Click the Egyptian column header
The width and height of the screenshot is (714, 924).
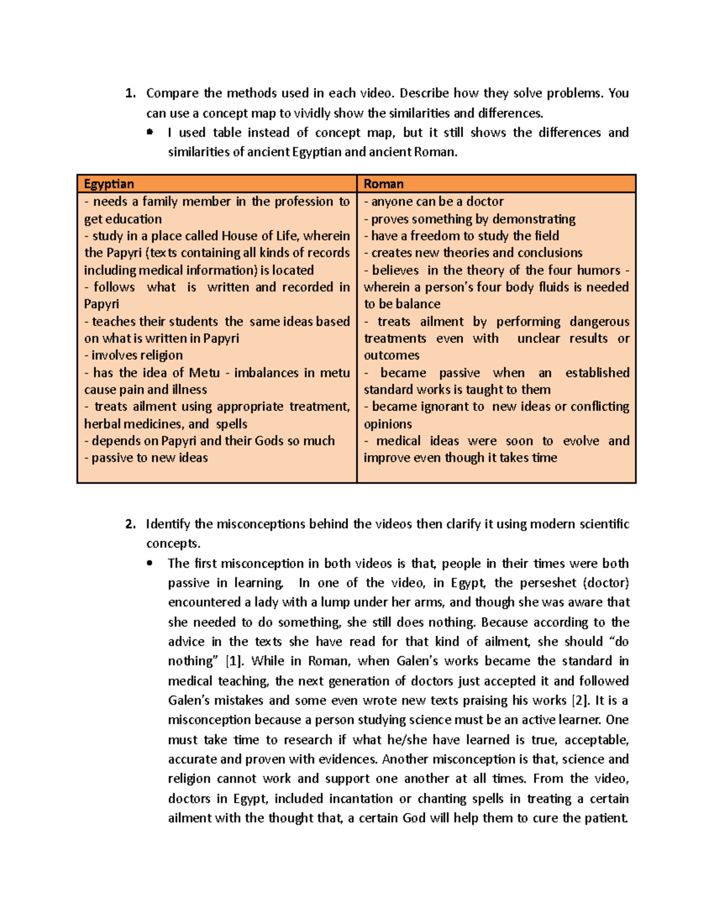pos(109,184)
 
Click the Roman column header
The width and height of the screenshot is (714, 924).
pos(384,184)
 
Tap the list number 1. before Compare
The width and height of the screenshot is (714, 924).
pos(130,93)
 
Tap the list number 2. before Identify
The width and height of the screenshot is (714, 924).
pos(130,524)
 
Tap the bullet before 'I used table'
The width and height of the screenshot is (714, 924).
pos(150,132)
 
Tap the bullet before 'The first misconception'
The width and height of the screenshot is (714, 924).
pos(150,563)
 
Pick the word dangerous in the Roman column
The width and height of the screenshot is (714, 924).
pos(599,322)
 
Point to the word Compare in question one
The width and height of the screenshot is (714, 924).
pos(173,93)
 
